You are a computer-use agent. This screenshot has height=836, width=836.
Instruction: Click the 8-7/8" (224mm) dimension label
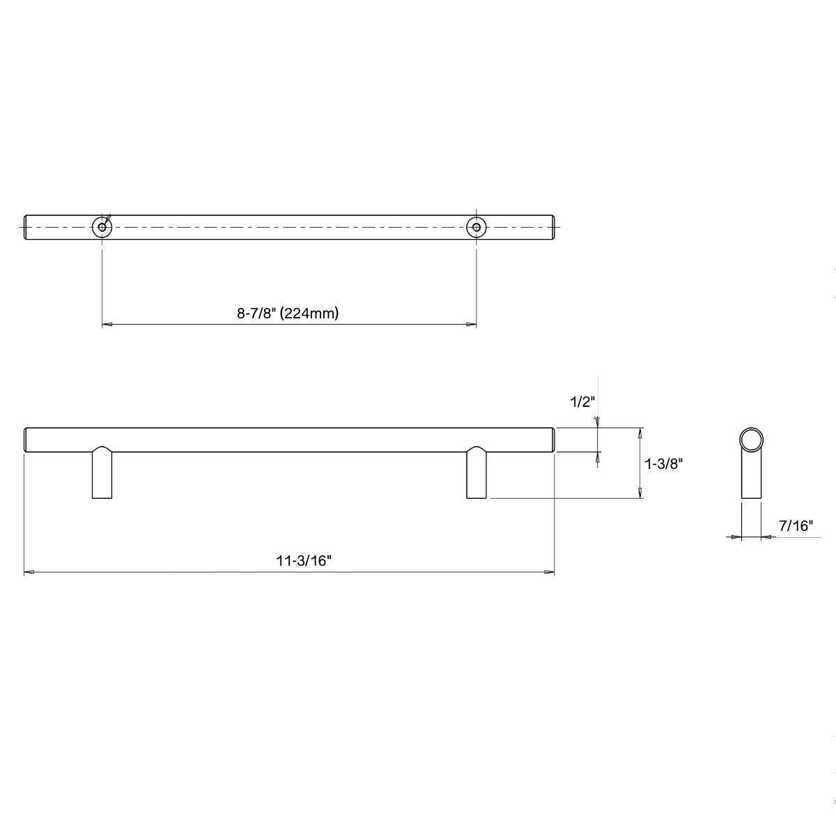point(288,313)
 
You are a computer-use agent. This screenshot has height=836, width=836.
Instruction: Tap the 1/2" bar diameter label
point(581,402)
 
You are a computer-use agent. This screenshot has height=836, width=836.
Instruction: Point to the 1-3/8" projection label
point(663,463)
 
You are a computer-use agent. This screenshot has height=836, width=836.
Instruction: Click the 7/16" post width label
point(796,526)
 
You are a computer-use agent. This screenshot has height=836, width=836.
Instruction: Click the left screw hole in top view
point(102,227)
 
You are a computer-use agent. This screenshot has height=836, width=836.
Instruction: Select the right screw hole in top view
point(476,227)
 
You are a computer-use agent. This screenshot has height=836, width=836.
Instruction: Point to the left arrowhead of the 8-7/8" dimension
point(107,325)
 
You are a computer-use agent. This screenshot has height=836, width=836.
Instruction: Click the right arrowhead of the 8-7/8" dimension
point(472,325)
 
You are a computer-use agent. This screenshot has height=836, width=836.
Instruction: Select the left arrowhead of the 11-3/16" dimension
point(29,573)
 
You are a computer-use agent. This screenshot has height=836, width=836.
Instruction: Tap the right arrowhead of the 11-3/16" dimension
point(550,573)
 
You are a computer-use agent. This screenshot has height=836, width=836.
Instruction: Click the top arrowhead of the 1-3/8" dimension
point(640,432)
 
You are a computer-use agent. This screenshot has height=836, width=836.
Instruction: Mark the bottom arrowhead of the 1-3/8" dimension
point(640,493)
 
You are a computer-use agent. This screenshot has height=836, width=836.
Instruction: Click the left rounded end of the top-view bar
point(27,227)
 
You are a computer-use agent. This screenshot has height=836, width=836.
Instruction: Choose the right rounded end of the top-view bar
point(553,227)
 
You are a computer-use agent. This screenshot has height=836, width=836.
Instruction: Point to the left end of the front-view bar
point(27,440)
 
